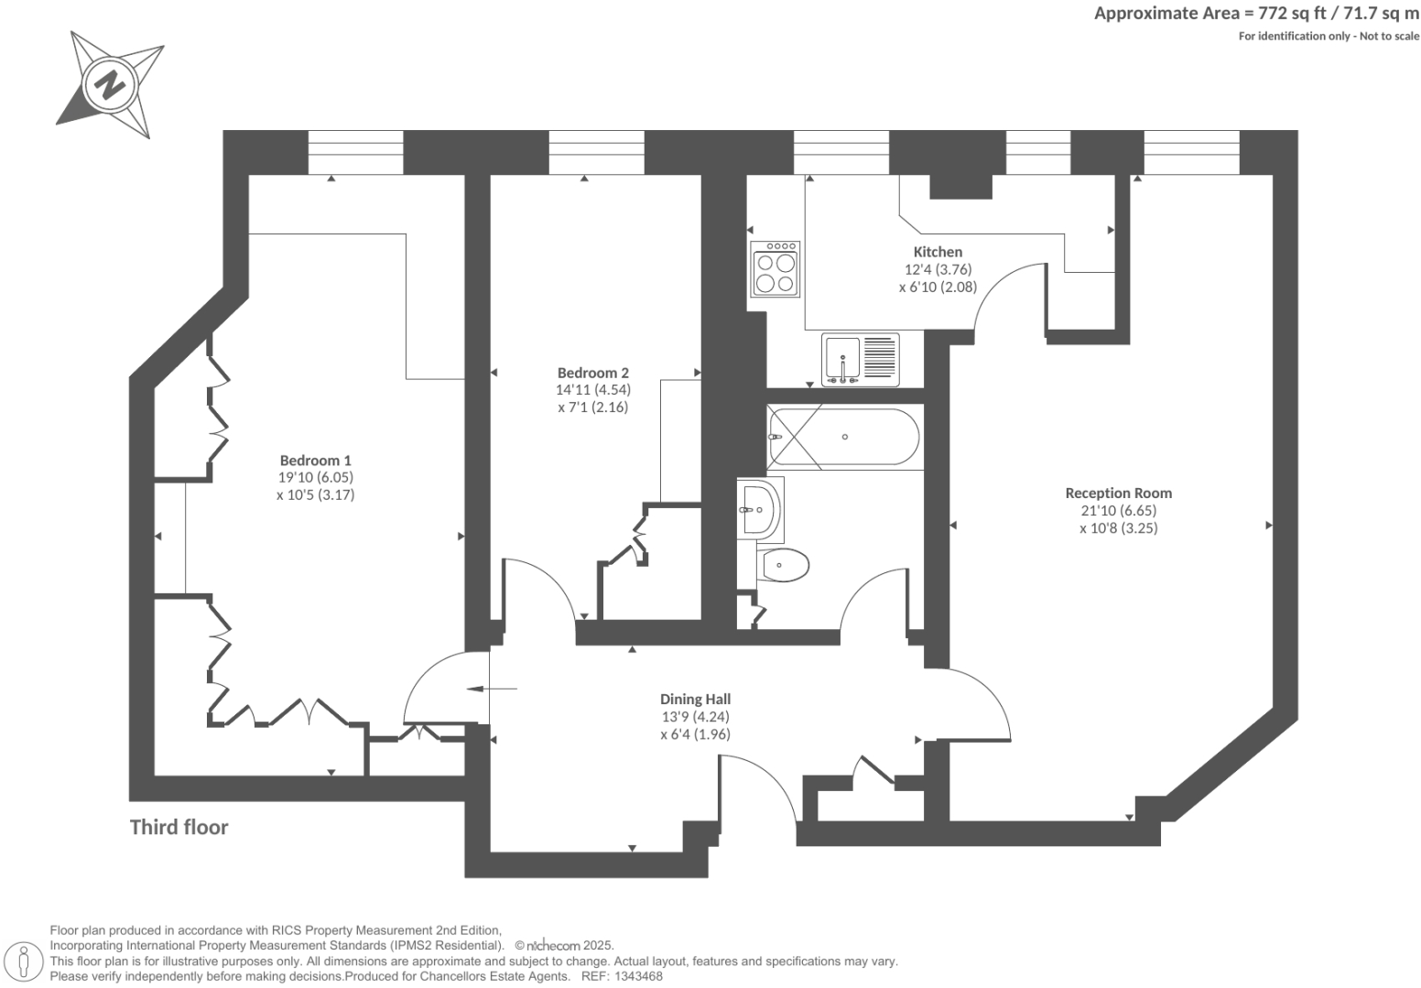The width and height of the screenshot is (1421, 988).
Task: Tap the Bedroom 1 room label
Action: pyautogui.click(x=315, y=461)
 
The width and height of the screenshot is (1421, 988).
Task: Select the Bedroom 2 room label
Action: pyautogui.click(x=592, y=373)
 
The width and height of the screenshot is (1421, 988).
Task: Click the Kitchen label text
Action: pyautogui.click(x=938, y=252)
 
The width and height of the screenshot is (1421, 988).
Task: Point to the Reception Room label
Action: pyautogui.click(x=1118, y=493)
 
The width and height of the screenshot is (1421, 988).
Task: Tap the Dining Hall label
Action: pyautogui.click(x=695, y=700)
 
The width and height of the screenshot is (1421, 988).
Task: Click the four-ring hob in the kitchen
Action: pyautogui.click(x=776, y=270)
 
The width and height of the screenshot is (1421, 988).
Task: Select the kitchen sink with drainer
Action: pyautogui.click(x=861, y=359)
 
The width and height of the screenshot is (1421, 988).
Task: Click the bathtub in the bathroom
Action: pyautogui.click(x=843, y=438)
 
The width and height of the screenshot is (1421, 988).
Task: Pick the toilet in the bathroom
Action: pyautogui.click(x=784, y=565)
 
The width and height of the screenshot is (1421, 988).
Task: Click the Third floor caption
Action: pyautogui.click(x=179, y=827)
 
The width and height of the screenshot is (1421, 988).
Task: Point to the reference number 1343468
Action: pyautogui.click(x=640, y=977)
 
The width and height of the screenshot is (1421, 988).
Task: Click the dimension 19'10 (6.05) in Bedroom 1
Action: pyautogui.click(x=315, y=477)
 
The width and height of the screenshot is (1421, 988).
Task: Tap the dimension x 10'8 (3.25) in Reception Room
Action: pyautogui.click(x=1118, y=527)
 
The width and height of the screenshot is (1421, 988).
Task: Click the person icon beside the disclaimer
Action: pyautogui.click(x=25, y=961)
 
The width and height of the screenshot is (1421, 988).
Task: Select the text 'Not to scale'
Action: pyautogui.click(x=1389, y=36)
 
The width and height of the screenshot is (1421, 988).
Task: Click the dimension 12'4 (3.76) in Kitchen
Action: pyautogui.click(x=938, y=269)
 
